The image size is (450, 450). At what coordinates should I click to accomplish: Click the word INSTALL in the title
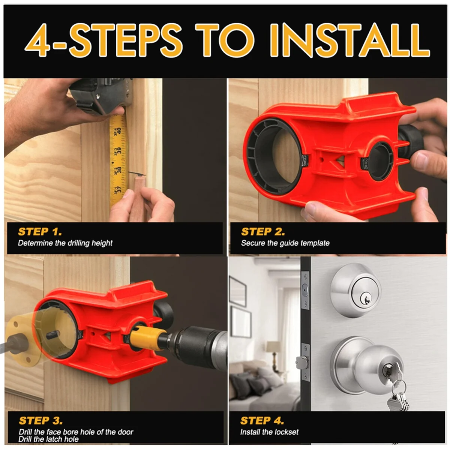coord(349,40)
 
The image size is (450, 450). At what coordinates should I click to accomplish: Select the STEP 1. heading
coord(40,232)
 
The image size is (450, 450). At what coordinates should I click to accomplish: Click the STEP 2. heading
coord(263,232)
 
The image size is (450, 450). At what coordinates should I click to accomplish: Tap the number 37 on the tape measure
coord(119,189)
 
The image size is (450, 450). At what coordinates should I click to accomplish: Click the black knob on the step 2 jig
coord(410,141)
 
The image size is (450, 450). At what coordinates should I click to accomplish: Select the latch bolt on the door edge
coord(302,363)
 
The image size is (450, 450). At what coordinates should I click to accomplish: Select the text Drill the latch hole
coord(49,439)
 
